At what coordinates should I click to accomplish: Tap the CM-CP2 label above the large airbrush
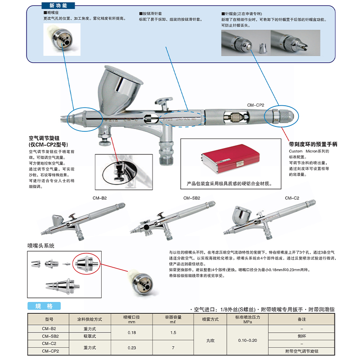[255, 105]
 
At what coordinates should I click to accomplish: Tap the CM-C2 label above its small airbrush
[292, 198]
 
